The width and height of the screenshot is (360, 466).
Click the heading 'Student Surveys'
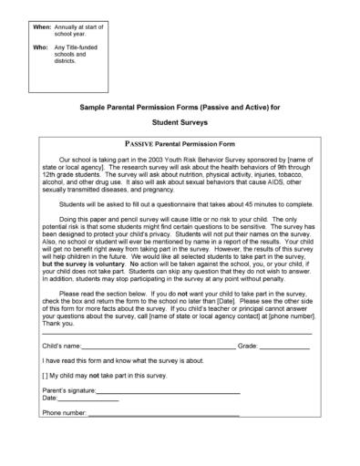point(180,121)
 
